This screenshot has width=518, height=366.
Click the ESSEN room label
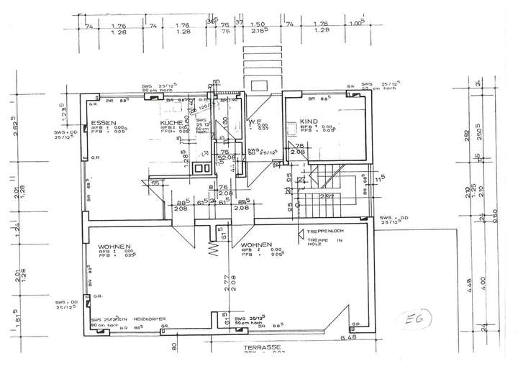(x=104, y=123)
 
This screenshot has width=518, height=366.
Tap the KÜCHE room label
(x=171, y=123)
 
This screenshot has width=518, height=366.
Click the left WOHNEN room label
(x=114, y=247)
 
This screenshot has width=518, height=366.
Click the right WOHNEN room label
(x=257, y=244)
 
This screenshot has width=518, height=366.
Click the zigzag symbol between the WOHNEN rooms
(x=214, y=250)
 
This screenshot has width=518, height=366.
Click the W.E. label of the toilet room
(x=253, y=122)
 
